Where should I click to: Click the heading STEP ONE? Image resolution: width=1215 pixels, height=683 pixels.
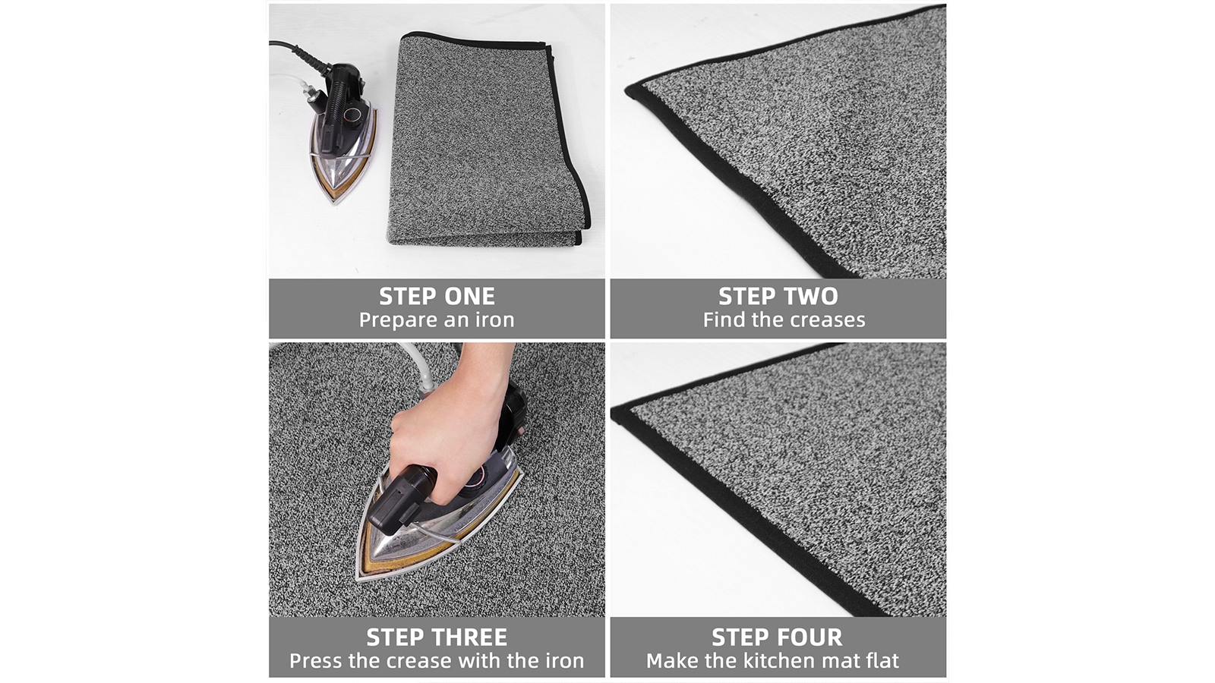(437, 296)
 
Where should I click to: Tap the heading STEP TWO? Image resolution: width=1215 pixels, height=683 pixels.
(778, 296)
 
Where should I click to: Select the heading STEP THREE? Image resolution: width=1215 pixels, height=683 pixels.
(437, 637)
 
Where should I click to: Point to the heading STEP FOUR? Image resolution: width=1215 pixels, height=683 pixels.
(778, 637)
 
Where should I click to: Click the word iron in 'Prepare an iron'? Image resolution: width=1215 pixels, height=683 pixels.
(494, 319)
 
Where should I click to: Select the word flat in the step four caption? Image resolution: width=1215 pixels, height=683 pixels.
(882, 661)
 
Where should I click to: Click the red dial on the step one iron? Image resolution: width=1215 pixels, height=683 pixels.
(352, 115)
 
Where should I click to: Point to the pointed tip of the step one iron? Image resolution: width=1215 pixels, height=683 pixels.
(336, 203)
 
